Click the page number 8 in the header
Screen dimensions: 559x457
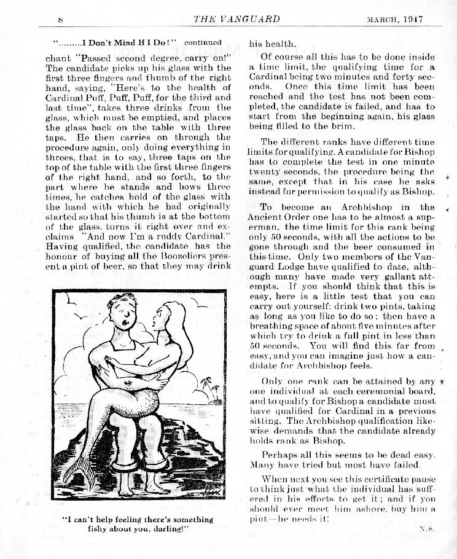(61, 20)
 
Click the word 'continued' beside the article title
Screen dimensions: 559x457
(203, 43)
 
